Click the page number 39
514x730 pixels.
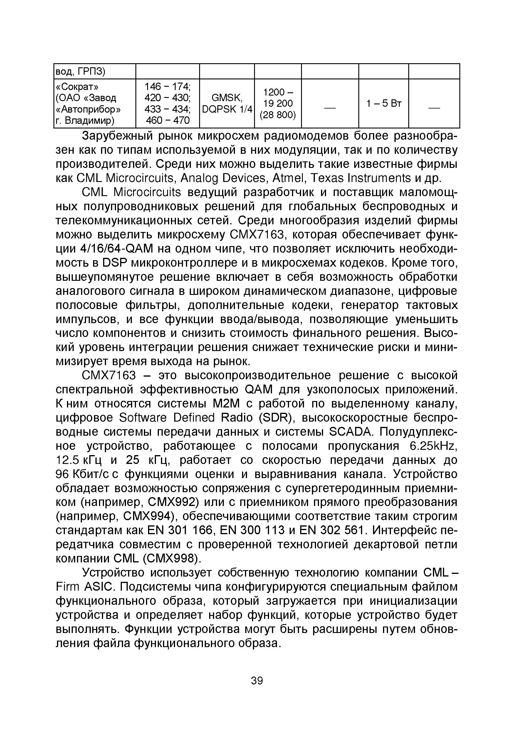click(x=257, y=680)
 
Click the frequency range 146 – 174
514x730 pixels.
click(x=167, y=86)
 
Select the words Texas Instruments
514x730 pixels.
click(x=361, y=178)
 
